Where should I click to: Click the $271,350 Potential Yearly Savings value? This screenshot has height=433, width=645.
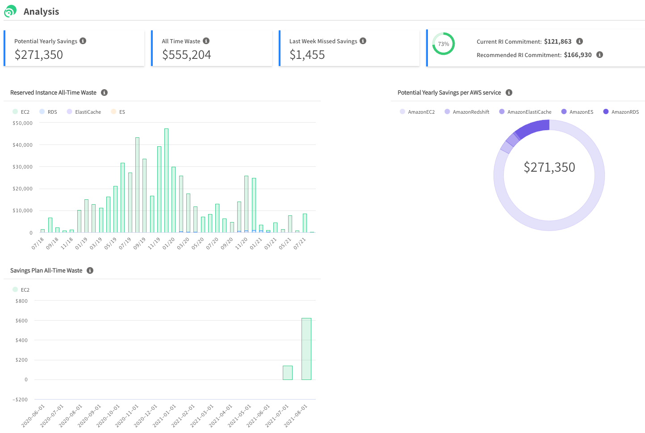pyautogui.click(x=39, y=55)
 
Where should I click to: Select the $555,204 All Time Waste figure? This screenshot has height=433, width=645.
pyautogui.click(x=186, y=55)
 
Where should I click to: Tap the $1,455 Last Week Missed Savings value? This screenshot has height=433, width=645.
pyautogui.click(x=307, y=55)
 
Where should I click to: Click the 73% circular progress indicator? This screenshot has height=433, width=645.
pyautogui.click(x=444, y=44)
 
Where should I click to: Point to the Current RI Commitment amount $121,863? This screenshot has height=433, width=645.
pyautogui.click(x=557, y=41)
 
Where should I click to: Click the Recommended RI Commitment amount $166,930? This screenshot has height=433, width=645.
pyautogui.click(x=578, y=55)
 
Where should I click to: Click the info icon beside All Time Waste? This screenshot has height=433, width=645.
pyautogui.click(x=206, y=41)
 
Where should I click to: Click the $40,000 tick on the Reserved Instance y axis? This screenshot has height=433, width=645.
pyautogui.click(x=22, y=145)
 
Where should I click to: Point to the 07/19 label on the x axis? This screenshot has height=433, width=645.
pyautogui.click(x=125, y=243)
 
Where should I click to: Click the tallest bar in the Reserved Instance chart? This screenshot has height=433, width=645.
pyautogui.click(x=166, y=180)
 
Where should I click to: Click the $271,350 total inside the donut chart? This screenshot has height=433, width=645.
pyautogui.click(x=549, y=167)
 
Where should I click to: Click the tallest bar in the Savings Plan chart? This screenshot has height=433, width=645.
pyautogui.click(x=306, y=349)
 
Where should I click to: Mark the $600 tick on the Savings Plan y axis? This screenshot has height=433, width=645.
pyautogui.click(x=21, y=321)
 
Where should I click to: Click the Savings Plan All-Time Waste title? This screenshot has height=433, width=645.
pyautogui.click(x=46, y=271)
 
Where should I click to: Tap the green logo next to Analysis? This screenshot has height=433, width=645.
pyautogui.click(x=10, y=11)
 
